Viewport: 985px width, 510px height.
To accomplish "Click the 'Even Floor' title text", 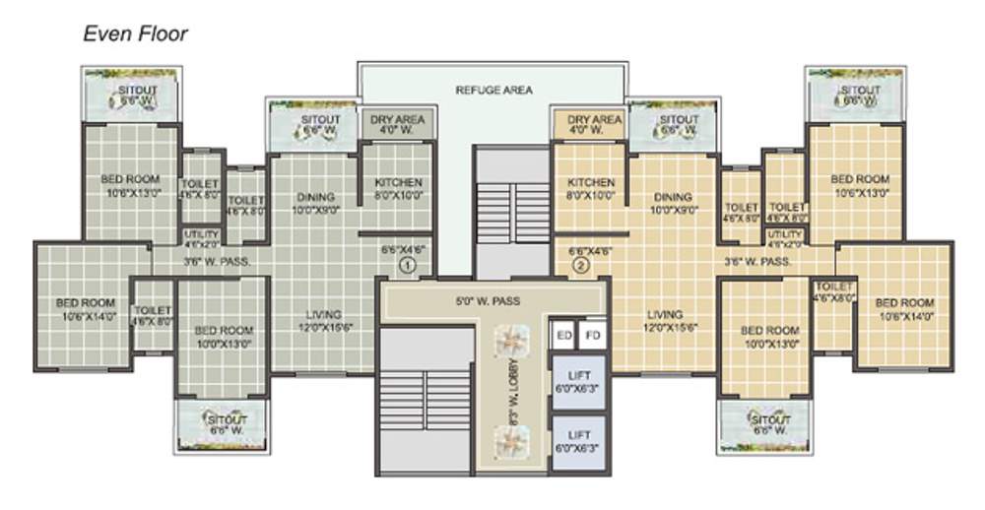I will click(x=135, y=34).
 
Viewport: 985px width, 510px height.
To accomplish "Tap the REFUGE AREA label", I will click(x=493, y=90).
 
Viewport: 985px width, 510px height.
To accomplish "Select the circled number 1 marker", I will click(x=408, y=264).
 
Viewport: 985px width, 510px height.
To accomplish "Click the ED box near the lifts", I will click(x=564, y=336).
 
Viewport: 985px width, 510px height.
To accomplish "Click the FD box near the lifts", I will click(x=592, y=336).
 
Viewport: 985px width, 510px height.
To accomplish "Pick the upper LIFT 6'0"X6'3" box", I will click(x=579, y=380).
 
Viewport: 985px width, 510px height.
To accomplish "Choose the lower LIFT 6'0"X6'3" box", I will click(x=579, y=440).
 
